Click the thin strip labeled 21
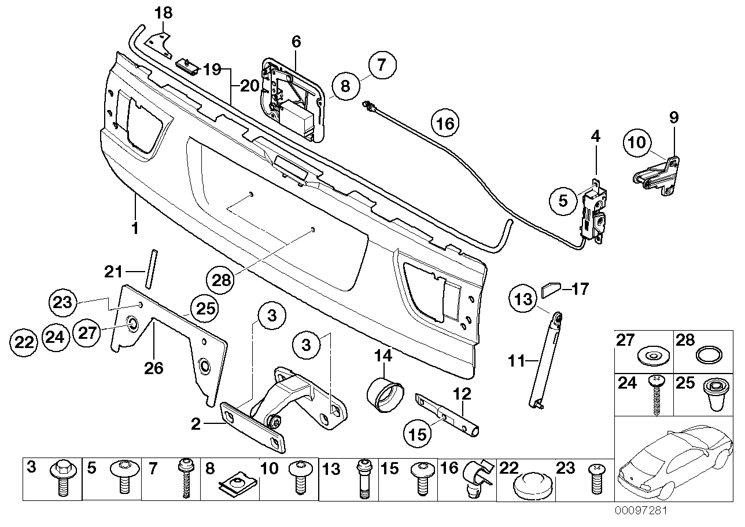(152, 268)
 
